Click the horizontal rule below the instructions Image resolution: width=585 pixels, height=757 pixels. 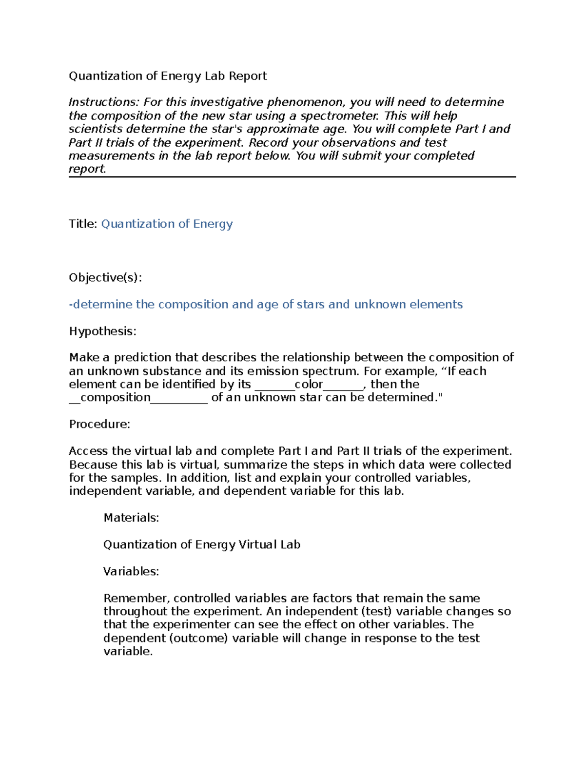pos(292,177)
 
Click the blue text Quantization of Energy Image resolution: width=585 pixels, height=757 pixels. pos(167,224)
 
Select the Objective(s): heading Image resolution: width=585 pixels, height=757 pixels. pos(105,278)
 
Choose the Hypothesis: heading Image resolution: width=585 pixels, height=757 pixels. pos(102,331)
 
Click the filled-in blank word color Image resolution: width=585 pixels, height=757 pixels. pos(309,384)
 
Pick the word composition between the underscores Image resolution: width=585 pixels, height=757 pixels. pos(116,397)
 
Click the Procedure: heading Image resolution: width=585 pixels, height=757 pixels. pos(99,424)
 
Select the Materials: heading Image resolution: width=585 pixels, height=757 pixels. pos(131,518)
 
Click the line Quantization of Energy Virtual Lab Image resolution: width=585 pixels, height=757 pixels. pos(201,544)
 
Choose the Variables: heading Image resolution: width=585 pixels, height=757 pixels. pos(131,571)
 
